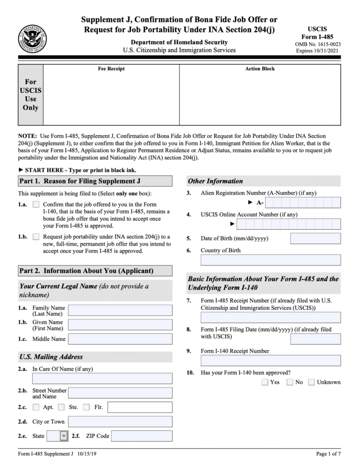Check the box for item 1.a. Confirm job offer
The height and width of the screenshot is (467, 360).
36,204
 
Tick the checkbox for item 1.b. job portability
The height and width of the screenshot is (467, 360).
36,236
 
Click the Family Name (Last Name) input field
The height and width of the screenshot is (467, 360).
120,311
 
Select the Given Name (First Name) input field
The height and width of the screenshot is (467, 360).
120,325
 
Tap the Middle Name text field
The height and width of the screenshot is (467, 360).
120,339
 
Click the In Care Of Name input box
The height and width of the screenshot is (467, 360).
102,379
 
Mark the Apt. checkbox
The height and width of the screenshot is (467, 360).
36,407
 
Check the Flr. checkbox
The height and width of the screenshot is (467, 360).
86,407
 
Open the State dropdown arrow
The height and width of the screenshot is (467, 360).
63,436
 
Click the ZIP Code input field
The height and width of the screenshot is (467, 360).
141,436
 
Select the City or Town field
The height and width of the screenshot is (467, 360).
120,422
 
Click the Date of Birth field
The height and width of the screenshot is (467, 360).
315,238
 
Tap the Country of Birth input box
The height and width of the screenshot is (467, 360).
263,260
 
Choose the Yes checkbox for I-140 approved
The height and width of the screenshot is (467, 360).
265,382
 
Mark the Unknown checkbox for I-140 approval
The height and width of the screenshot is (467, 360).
311,382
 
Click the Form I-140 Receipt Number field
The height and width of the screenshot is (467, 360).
263,360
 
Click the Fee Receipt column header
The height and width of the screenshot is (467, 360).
111,68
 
